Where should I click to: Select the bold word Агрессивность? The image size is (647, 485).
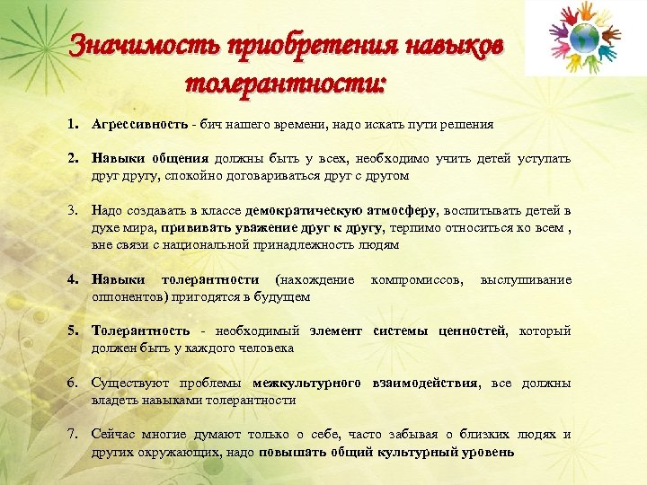(139, 123)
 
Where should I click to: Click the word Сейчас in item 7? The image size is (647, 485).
(113, 434)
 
